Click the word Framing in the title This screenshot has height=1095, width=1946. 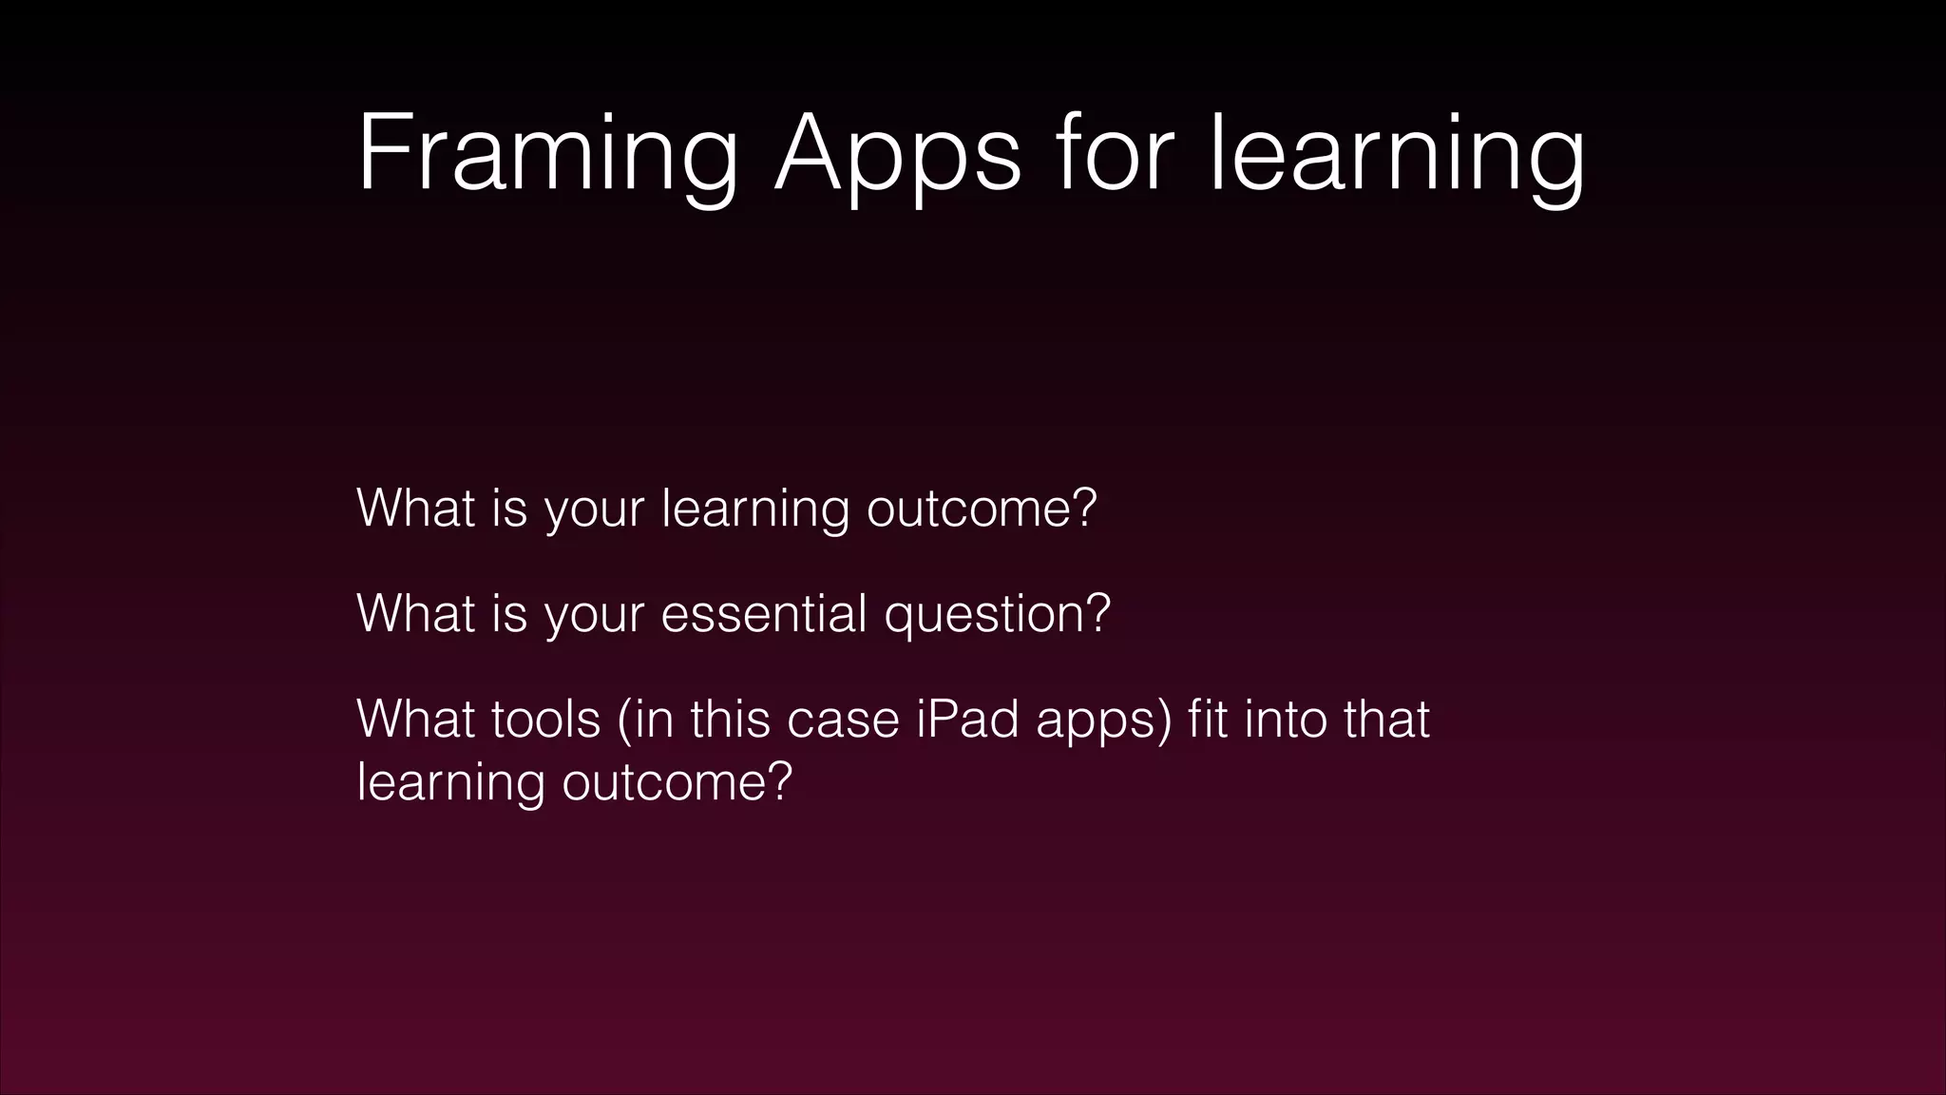547,155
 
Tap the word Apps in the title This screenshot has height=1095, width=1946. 898,155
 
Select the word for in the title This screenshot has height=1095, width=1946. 1115,155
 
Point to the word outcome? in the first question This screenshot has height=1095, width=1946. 982,509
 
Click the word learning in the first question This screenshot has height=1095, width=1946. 755,509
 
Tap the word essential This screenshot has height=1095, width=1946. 764,613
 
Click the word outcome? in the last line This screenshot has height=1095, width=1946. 677,782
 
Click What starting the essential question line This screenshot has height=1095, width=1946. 415,613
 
